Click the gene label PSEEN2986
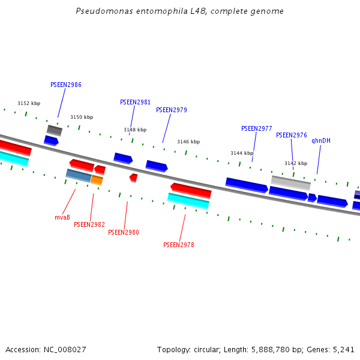tap(66, 85)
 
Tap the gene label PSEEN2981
tap(135, 103)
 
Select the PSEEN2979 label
tap(172, 110)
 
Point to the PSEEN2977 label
tap(257, 129)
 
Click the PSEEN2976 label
tap(292, 136)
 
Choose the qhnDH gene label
tap(321, 141)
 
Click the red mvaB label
tap(62, 218)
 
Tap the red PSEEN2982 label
tap(89, 225)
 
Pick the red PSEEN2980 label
tap(124, 233)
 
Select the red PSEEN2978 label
tap(179, 245)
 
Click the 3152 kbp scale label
tap(29, 104)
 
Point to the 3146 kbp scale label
tap(188, 142)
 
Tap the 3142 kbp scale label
tap(296, 164)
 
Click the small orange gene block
tap(97, 180)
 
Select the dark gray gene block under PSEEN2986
tap(55, 130)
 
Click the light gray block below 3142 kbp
tap(290, 182)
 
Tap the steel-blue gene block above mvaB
tap(78, 175)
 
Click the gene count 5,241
tap(343, 349)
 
